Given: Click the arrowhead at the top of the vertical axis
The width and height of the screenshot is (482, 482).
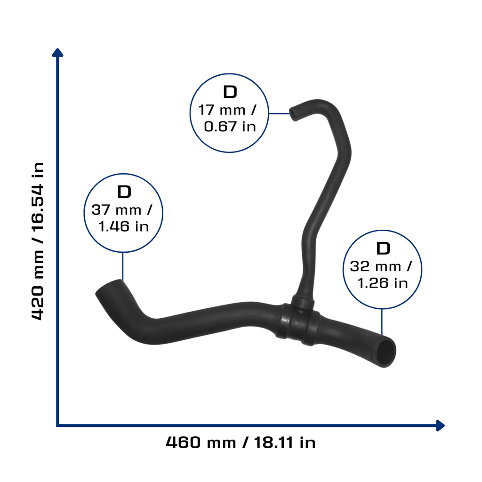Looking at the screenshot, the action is (57, 53).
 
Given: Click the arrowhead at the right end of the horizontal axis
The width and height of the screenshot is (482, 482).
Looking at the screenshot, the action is (441, 426).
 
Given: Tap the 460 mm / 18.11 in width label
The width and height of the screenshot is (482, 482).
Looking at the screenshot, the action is (241, 442).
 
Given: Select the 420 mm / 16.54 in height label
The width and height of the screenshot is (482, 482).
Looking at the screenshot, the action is (38, 241).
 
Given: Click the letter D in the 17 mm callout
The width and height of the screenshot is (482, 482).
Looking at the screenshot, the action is (230, 92).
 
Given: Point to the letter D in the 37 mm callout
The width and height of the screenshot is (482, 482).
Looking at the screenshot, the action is (124, 192).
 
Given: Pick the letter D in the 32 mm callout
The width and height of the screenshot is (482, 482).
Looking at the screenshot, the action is (383, 249).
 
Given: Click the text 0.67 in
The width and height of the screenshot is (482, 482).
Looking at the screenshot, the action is (230, 127).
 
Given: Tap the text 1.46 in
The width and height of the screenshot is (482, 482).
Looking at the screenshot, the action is (124, 226).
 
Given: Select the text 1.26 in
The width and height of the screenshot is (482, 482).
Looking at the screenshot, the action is (383, 283).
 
